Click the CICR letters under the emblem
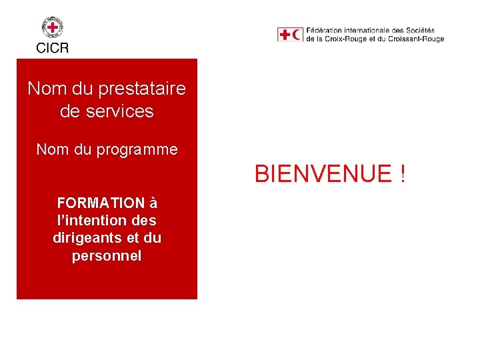53,47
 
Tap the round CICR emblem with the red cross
53,28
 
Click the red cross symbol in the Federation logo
285,34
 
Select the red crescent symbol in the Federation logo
297,34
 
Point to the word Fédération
325,31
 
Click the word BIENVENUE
323,175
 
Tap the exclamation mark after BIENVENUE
402,175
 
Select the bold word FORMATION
101,203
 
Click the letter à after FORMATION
153,203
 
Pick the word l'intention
91,220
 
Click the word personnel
107,255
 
